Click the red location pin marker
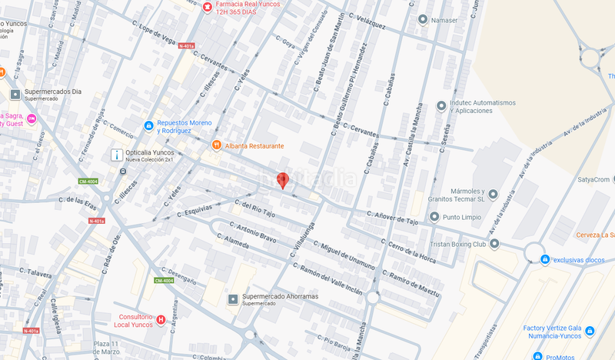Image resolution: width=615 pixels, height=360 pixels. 282,180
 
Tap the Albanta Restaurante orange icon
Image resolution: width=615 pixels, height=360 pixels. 218,145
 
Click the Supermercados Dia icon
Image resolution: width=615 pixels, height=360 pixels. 15,95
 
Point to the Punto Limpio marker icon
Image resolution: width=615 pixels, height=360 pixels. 437,217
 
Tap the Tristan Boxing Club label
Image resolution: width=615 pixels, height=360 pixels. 457,244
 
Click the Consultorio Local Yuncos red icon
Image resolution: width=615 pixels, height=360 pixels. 161,320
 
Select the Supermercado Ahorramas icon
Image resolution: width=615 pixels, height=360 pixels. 233,298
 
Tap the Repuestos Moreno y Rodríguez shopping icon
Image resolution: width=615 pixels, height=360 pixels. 148,125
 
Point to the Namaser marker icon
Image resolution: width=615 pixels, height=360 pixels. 422,19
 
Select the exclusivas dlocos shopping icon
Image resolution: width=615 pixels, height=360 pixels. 544,260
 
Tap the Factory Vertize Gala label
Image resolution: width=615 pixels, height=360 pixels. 551,328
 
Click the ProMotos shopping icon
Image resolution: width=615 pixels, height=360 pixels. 537,357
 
